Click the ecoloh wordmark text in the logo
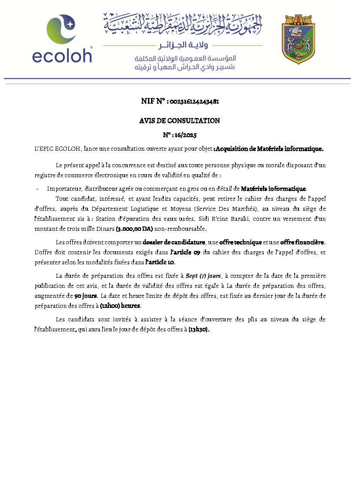62,55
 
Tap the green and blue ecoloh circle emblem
61,30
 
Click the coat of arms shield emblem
299,39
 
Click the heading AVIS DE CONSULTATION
179,121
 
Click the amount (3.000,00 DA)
134,229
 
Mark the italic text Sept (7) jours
203,276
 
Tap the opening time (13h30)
199,330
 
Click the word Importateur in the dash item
64,189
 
